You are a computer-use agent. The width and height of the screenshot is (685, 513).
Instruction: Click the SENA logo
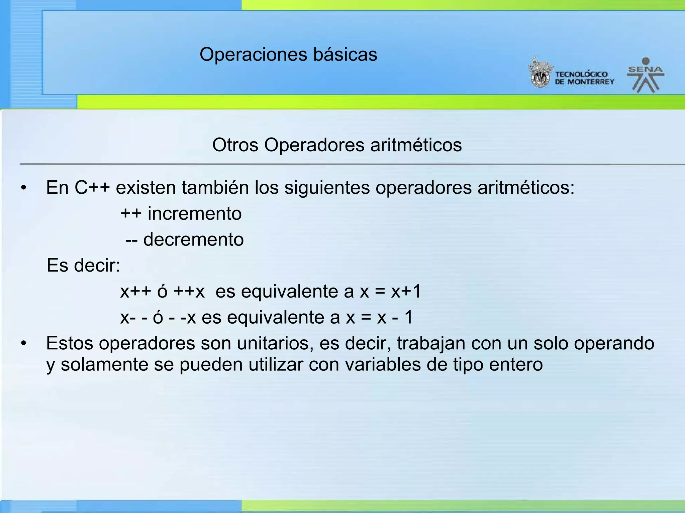[x=646, y=75]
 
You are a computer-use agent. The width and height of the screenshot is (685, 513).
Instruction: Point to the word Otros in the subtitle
[x=235, y=145]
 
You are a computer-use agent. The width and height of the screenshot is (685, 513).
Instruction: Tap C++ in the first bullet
[x=92, y=188]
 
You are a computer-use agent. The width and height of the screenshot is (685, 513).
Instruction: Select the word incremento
[x=195, y=214]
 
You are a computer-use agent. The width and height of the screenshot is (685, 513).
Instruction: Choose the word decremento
[x=193, y=240]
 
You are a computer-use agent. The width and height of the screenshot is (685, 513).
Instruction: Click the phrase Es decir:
[x=83, y=266]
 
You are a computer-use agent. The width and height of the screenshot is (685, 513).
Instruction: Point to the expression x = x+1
[x=390, y=292]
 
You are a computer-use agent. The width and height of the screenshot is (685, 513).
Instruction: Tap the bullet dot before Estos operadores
[x=23, y=344]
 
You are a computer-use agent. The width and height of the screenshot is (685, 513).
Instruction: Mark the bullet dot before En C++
[x=23, y=188]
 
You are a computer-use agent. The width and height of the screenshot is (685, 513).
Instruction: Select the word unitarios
[x=275, y=344]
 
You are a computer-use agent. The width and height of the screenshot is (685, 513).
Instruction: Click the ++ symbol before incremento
[x=131, y=214]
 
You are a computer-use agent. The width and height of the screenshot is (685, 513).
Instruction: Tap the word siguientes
[x=327, y=188]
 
